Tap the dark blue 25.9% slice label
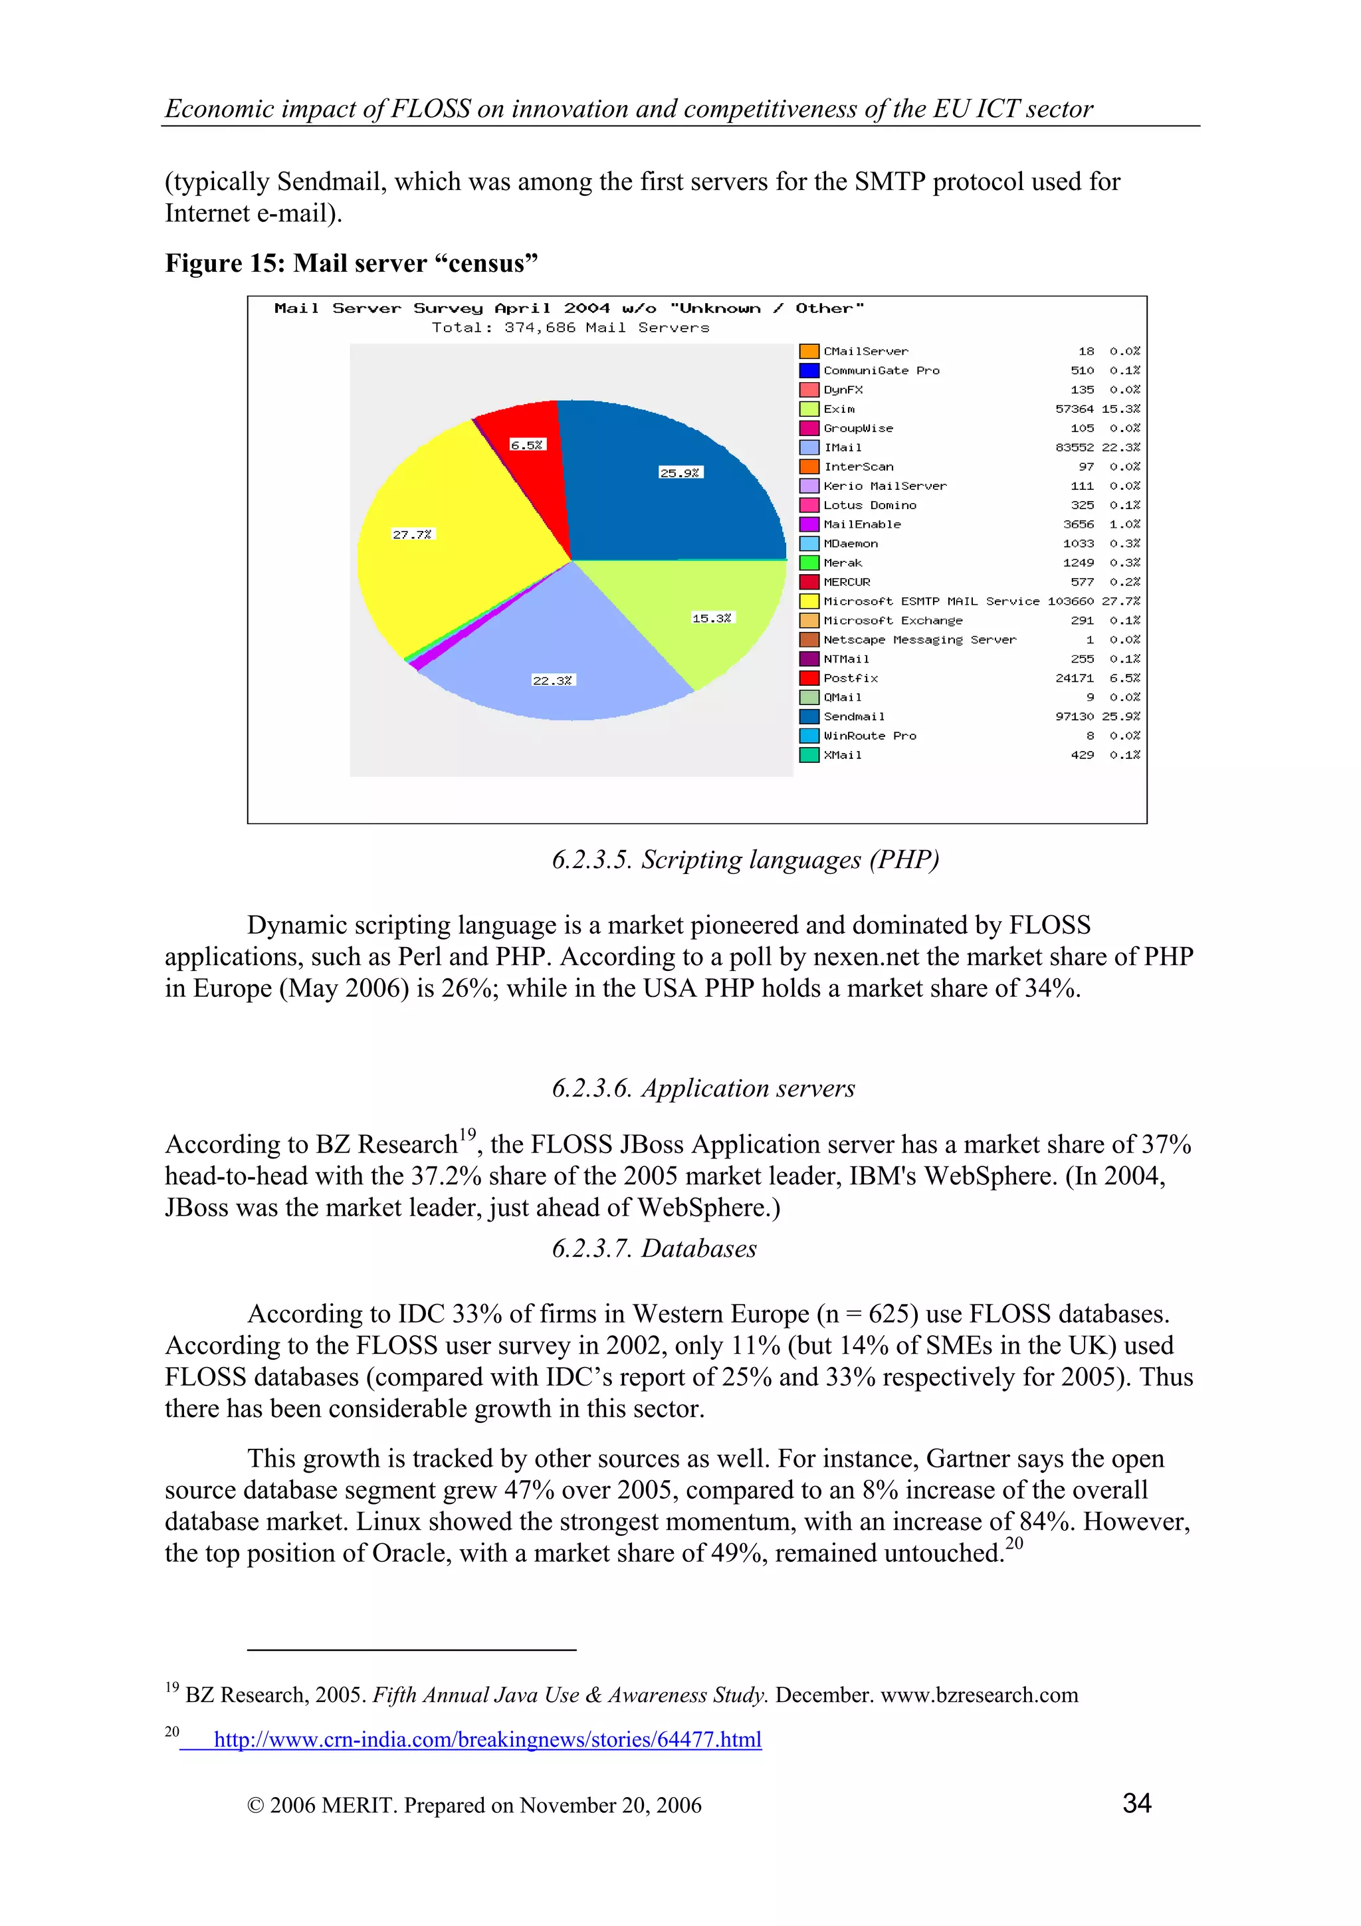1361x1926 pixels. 680,473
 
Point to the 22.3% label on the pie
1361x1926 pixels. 554,681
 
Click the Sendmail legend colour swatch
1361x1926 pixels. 808,716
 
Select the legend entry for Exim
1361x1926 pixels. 839,409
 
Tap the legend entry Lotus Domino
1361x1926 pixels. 870,505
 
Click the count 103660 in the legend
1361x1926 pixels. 1070,601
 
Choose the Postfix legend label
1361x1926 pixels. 851,679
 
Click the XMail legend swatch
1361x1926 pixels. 808,755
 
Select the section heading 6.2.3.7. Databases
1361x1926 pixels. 654,1248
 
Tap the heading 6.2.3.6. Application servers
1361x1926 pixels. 702,1088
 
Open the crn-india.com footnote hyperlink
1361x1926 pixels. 487,1739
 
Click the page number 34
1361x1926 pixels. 1136,1804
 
